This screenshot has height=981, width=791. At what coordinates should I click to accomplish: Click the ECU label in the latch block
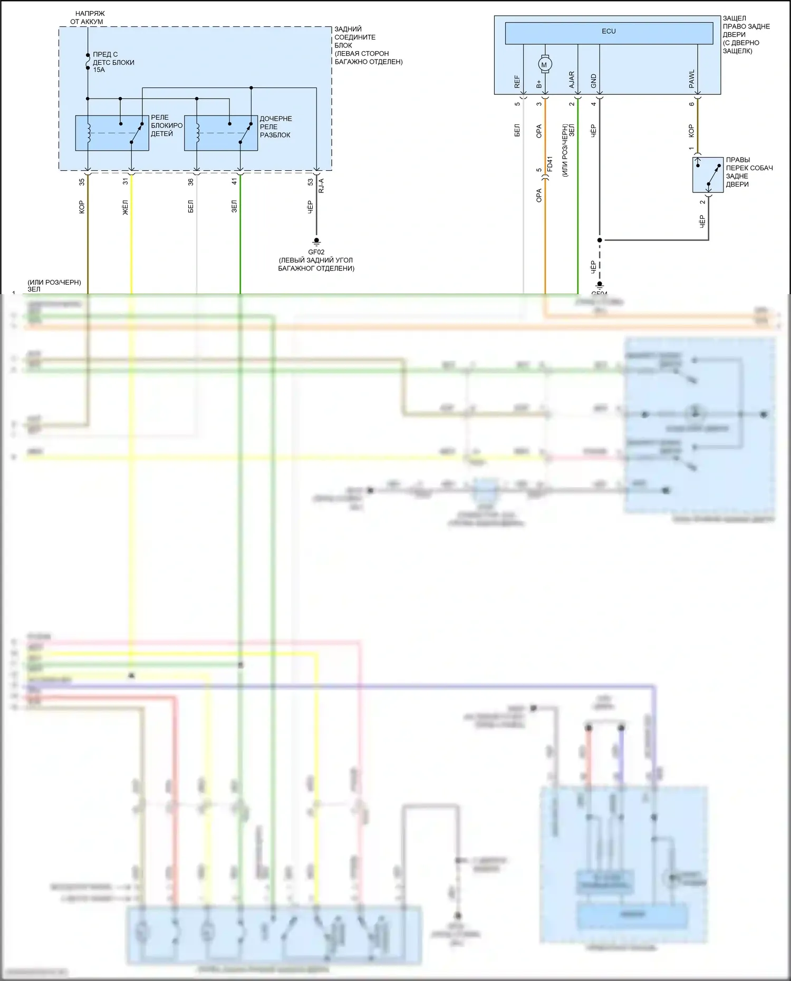tap(609, 32)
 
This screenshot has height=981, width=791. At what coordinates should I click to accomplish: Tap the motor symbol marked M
tap(545, 65)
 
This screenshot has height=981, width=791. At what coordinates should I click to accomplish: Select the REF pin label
tap(517, 82)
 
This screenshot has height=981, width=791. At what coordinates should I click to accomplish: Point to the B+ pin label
tap(539, 84)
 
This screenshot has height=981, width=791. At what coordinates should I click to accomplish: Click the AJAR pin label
tap(572, 80)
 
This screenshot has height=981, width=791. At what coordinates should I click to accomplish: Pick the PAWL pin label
tap(692, 79)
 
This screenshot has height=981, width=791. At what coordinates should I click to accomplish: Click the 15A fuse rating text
tap(99, 70)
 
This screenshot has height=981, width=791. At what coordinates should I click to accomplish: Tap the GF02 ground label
tap(316, 252)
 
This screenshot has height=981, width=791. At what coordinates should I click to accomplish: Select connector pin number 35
tap(82, 182)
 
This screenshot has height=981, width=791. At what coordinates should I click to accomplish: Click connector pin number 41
tap(234, 182)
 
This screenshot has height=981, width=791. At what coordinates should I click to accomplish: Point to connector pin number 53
tap(311, 182)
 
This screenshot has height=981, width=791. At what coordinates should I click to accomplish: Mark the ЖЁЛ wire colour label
tap(126, 207)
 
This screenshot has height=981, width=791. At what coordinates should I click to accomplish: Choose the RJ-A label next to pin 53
tap(321, 186)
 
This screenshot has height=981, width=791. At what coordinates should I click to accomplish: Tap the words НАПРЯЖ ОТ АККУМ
tap(87, 17)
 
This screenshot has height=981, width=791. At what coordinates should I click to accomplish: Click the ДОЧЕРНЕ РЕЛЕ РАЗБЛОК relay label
tap(275, 127)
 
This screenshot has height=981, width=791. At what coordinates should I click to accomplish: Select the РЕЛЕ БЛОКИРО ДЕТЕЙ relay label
tap(167, 125)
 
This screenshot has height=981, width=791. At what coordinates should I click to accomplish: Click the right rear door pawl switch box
tap(708, 175)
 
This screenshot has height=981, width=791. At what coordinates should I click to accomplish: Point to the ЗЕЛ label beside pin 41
tap(234, 207)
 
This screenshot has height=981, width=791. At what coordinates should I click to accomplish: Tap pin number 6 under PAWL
tap(692, 104)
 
